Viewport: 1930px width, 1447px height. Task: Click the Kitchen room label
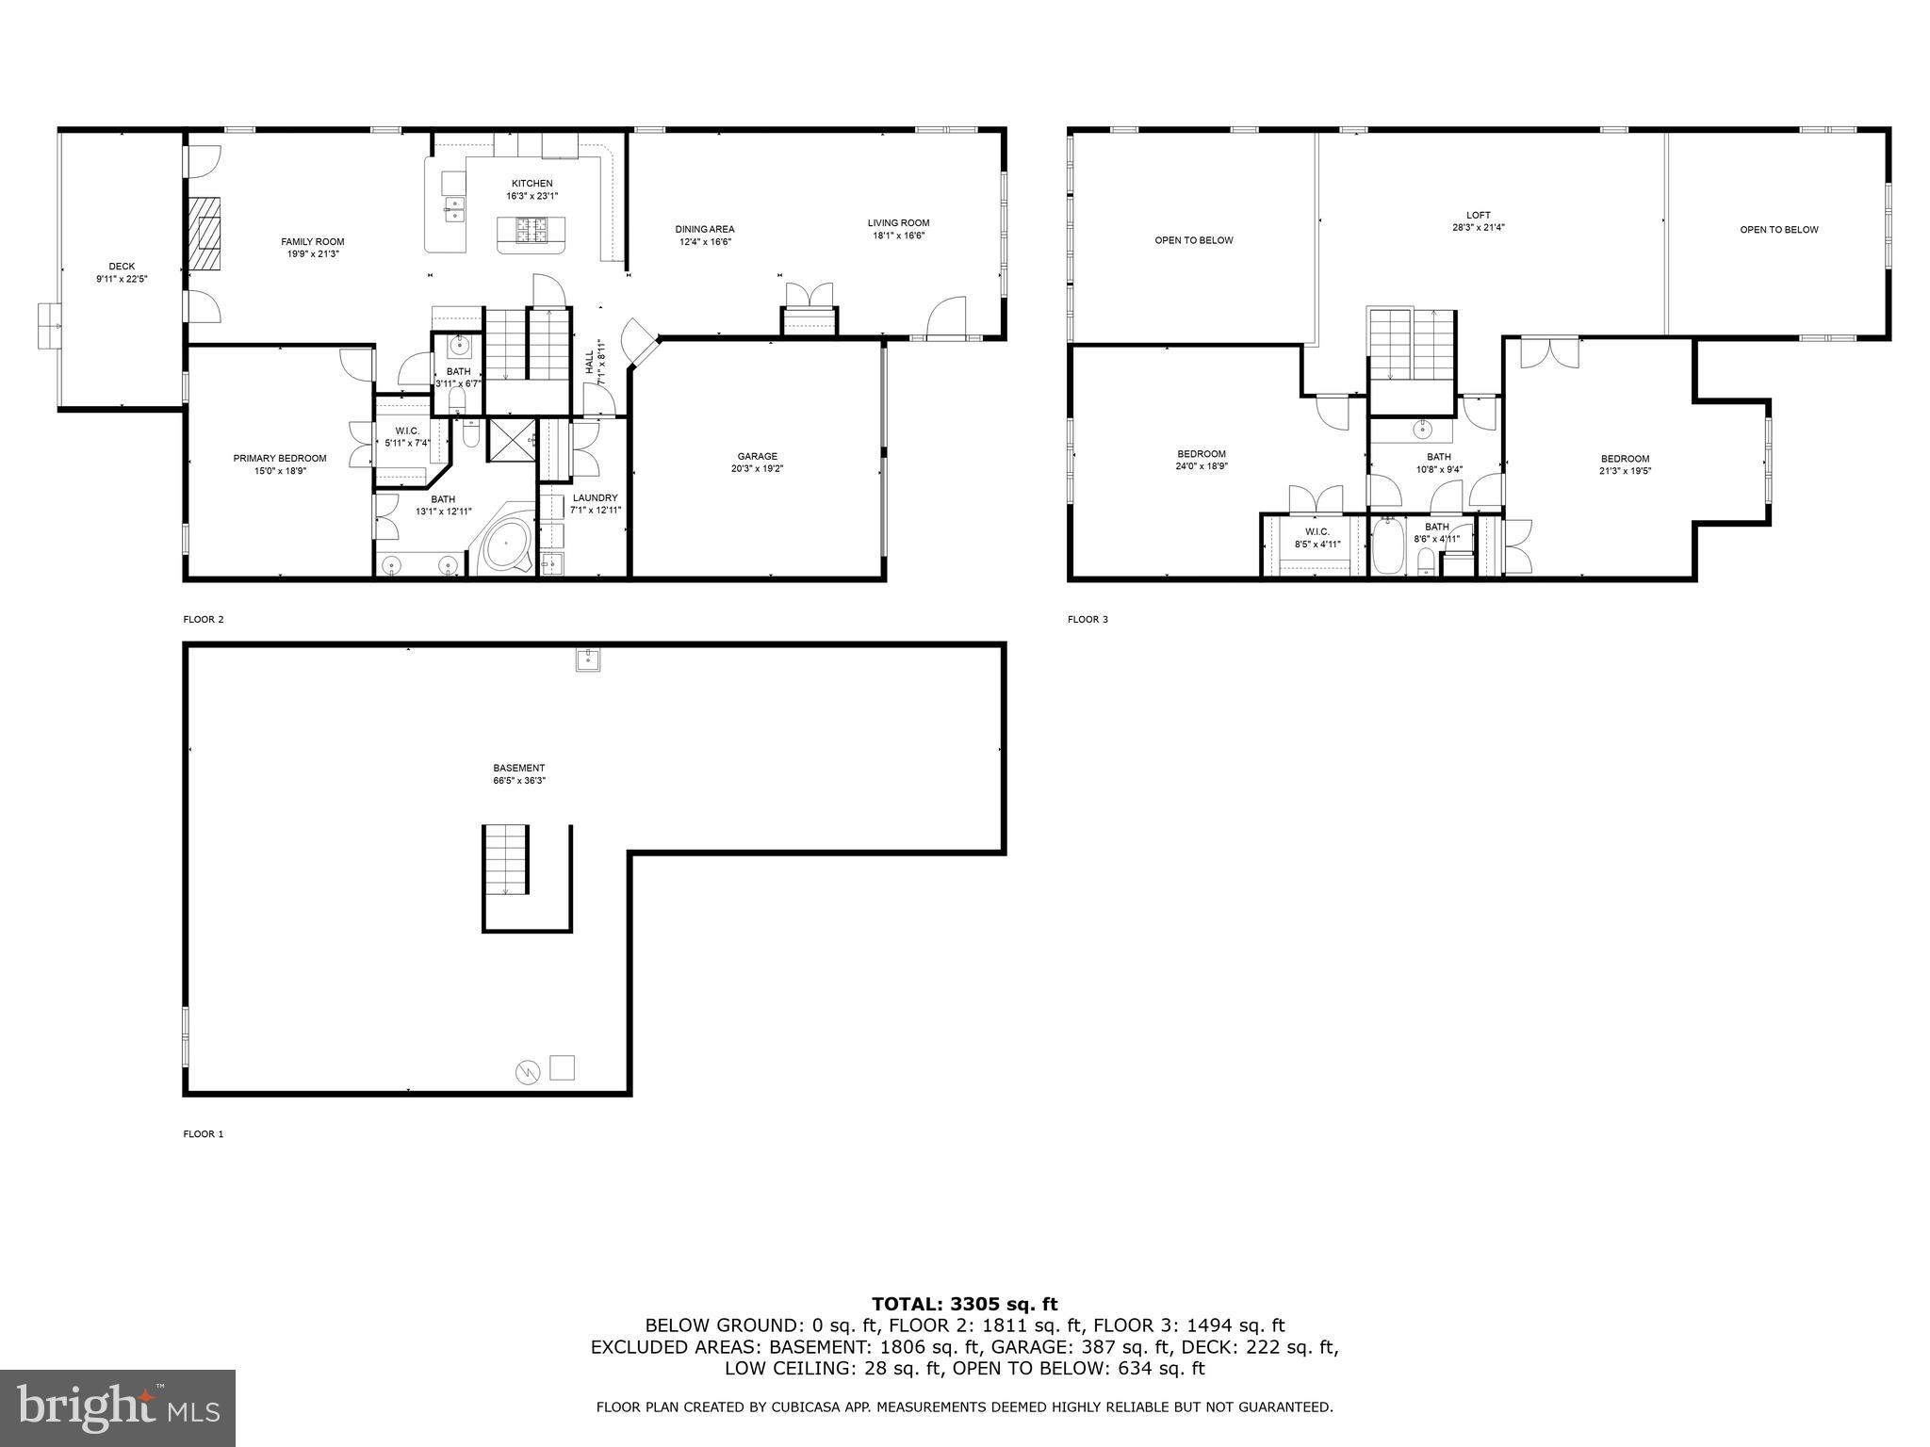click(532, 184)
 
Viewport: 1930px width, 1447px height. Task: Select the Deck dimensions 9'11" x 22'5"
click(122, 279)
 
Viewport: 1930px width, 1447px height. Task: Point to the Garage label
click(757, 456)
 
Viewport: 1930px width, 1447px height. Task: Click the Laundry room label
click(595, 497)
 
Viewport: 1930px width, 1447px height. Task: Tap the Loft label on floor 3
click(1478, 215)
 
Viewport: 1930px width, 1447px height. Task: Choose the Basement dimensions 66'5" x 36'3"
click(518, 780)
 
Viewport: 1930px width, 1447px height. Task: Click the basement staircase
click(506, 859)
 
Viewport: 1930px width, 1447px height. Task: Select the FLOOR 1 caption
click(203, 1134)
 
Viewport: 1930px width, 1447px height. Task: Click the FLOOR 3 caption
click(1088, 619)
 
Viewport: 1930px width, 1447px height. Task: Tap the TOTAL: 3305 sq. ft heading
click(964, 1304)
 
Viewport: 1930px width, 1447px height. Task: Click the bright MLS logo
click(118, 1408)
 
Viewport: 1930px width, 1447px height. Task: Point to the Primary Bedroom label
click(280, 458)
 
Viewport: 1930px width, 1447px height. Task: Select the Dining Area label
click(704, 229)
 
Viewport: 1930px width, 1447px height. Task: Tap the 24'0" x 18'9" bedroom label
click(1201, 465)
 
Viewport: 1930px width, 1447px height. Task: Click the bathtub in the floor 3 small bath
click(1386, 549)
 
